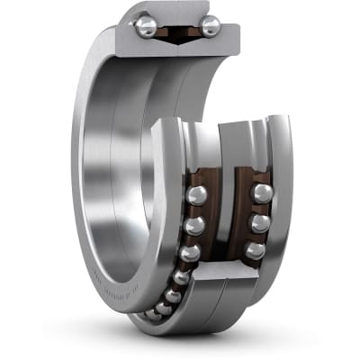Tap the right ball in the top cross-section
pos(210,26)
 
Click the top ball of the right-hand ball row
pos(261,193)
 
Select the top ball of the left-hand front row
pos(197,195)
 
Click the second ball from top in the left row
pos(195,225)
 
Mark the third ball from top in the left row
pos(189,255)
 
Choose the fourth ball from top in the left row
pos(181,278)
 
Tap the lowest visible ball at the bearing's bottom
pos(152,316)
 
